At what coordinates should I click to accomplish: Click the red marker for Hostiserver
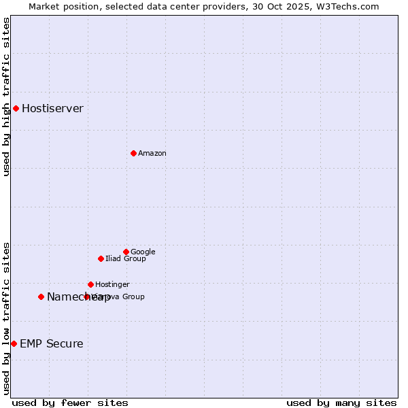[16, 108]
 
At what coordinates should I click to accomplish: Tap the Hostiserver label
[52, 109]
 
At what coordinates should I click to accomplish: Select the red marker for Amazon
[133, 153]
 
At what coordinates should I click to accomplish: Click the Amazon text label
[152, 154]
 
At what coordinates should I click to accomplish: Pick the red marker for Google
[126, 252]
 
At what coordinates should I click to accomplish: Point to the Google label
[143, 252]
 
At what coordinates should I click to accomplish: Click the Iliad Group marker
[101, 258]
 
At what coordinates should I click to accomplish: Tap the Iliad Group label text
[125, 259]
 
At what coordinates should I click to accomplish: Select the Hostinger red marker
[90, 284]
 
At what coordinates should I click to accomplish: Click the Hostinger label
[112, 285]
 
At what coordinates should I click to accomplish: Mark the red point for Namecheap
[41, 296]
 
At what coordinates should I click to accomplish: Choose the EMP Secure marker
[14, 343]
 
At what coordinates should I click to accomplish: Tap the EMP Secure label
[51, 344]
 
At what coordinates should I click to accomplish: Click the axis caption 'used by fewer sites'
[70, 403]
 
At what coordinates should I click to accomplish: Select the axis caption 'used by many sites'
[341, 403]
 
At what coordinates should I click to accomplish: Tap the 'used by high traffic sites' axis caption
[7, 97]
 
